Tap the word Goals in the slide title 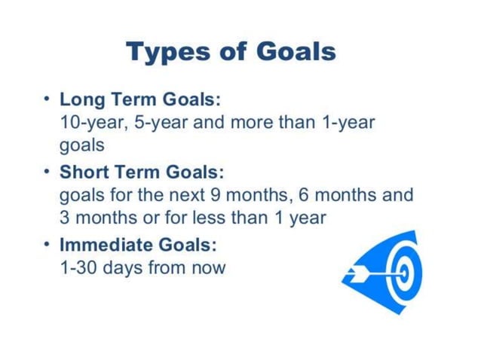(x=295, y=52)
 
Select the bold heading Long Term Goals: (x=140, y=99)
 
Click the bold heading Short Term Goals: (x=142, y=172)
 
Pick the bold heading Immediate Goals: (x=138, y=245)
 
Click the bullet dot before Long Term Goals (x=47, y=99)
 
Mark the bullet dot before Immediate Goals (x=47, y=245)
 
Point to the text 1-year (x=348, y=122)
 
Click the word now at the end (x=209, y=267)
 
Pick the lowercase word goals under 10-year (x=81, y=145)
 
